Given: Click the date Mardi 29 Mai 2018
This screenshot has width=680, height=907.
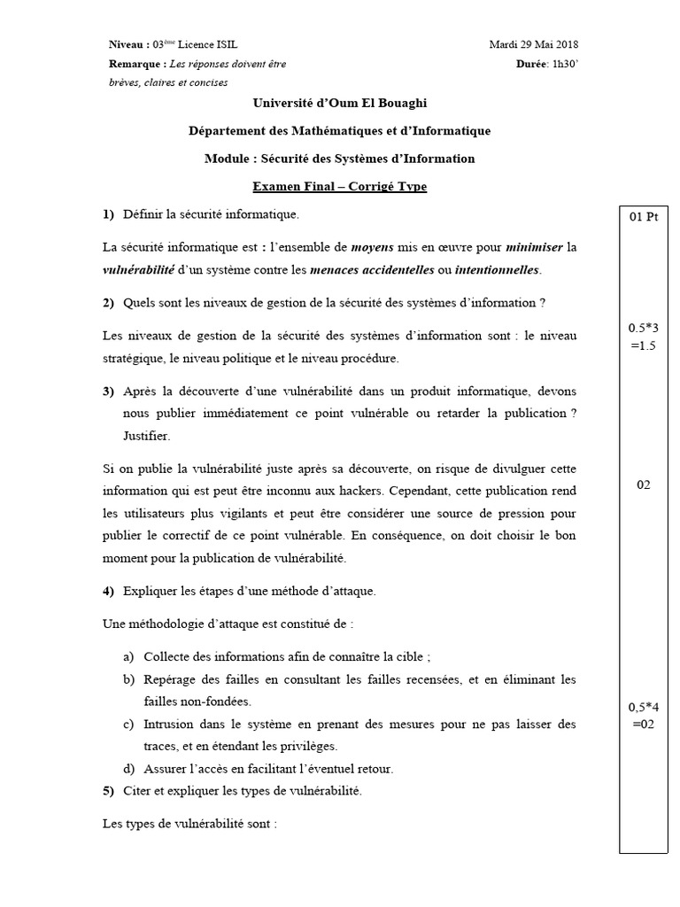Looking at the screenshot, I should click(535, 44).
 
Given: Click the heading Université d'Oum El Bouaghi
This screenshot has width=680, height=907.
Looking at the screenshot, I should click(340, 104).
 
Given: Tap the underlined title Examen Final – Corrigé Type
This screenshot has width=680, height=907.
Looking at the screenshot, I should click(339, 186).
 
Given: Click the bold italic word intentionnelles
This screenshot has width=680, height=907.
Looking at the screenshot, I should click(496, 269).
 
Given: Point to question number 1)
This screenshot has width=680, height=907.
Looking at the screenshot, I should click(109, 214).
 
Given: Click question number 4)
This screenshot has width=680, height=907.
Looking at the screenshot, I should click(109, 591).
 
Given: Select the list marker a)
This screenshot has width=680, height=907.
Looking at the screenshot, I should click(129, 656).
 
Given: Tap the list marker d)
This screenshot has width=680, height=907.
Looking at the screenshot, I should click(129, 768).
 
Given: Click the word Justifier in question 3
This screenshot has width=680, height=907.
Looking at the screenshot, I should click(144, 436).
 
